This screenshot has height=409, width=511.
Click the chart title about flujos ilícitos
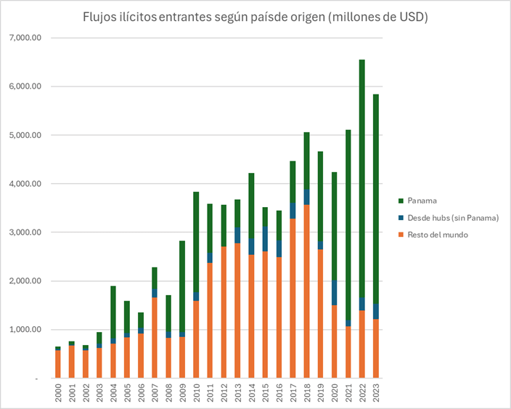tap(255, 17)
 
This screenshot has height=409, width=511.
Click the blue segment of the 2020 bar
tap(334, 293)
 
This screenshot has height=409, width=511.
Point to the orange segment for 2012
tap(224, 312)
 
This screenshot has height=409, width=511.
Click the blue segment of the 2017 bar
tap(293, 211)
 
